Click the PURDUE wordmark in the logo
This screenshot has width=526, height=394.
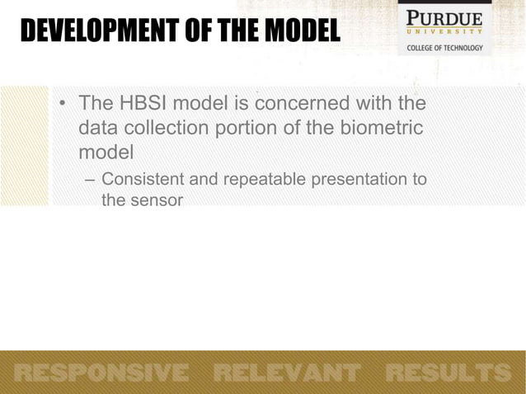446,18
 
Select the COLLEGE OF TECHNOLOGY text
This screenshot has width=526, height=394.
446,47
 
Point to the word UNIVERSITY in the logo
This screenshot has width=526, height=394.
446,33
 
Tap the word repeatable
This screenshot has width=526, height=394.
256,180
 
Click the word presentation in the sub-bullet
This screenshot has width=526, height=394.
363,180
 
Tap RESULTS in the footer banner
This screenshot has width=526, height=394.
449,373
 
